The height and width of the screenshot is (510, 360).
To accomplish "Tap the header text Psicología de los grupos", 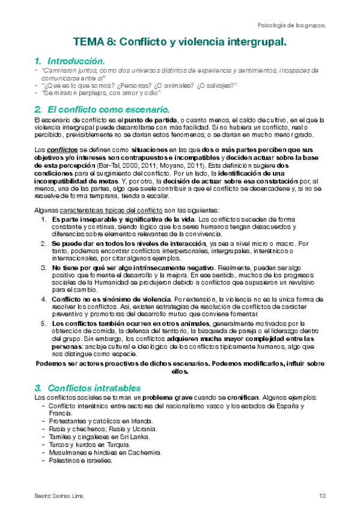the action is (291, 26).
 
